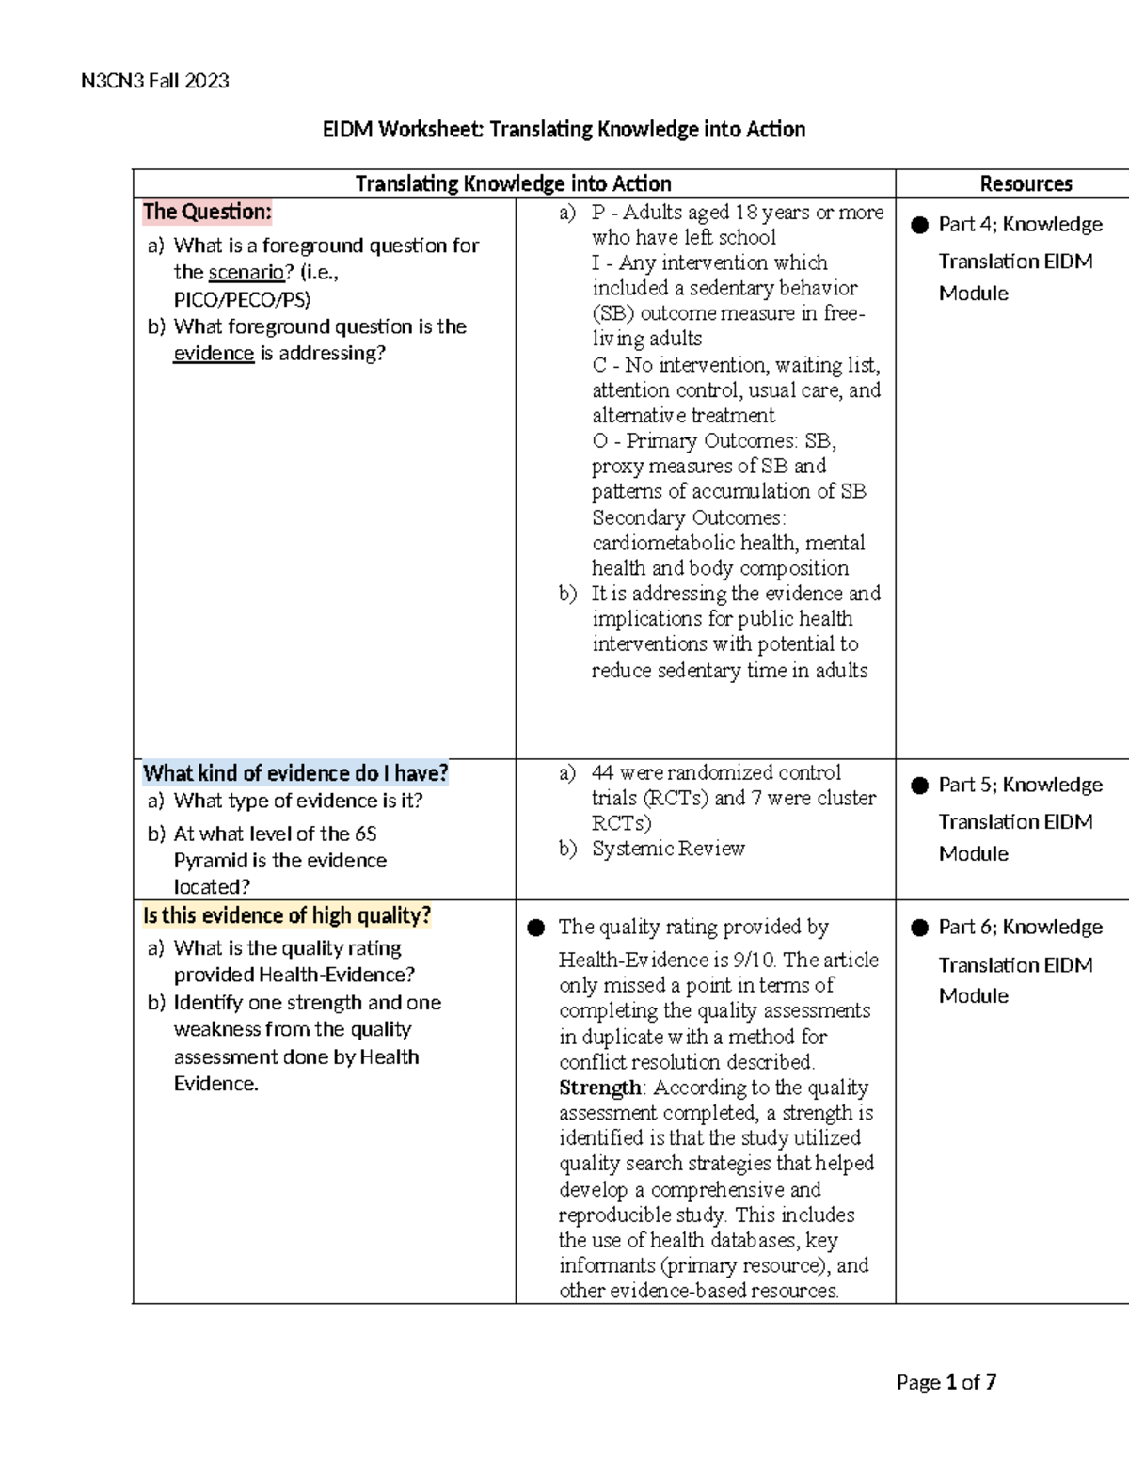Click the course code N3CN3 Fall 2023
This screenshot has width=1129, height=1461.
tap(155, 81)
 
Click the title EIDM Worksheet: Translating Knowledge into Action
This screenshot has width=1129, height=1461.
tap(564, 129)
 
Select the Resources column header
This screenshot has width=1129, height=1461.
tap(1026, 184)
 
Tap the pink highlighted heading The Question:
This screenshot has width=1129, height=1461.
tap(207, 213)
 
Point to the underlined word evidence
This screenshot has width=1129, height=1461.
tap(214, 354)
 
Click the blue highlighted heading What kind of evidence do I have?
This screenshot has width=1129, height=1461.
tap(295, 773)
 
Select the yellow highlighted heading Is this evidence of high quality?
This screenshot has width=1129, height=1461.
tap(287, 915)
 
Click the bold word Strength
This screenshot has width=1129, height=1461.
tap(599, 1088)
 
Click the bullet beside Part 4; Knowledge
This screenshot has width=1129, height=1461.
tap(919, 225)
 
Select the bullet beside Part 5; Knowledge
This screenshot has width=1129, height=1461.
tap(919, 786)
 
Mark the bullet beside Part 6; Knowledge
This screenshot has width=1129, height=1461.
tap(919, 928)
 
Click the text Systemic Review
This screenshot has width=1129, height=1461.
tap(668, 849)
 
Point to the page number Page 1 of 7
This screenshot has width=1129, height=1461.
tap(946, 1382)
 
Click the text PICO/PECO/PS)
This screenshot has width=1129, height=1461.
tap(242, 300)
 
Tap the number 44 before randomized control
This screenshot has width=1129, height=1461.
tap(602, 772)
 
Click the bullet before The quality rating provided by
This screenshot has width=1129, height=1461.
tap(536, 928)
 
